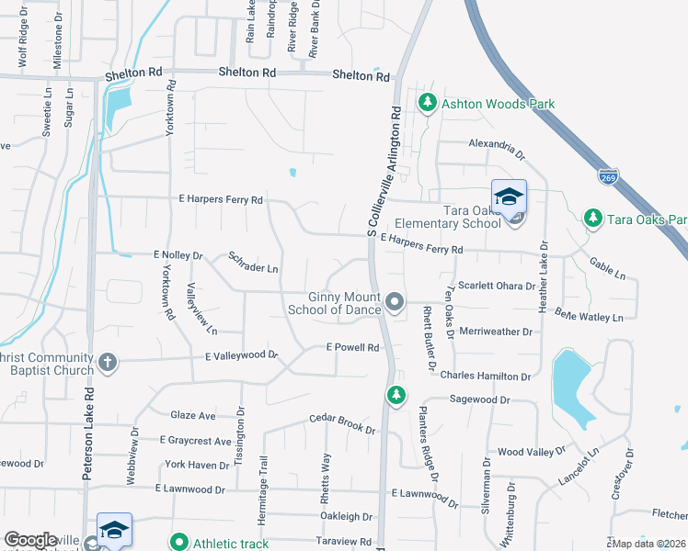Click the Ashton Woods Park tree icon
pyautogui.click(x=427, y=103)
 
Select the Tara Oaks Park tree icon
pyautogui.click(x=593, y=219)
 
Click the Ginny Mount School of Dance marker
pyautogui.click(x=396, y=301)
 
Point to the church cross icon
pyautogui.click(x=107, y=362)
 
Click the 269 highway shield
pyautogui.click(x=608, y=175)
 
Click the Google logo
pyautogui.click(x=30, y=540)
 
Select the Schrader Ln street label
pyautogui.click(x=253, y=263)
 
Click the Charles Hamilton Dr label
pyautogui.click(x=486, y=376)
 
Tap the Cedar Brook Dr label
pyautogui.click(x=342, y=422)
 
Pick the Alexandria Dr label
pyautogui.click(x=496, y=144)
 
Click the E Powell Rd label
pyautogui.click(x=353, y=347)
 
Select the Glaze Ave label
pyautogui.click(x=192, y=415)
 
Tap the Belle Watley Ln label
pyautogui.click(x=589, y=315)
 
